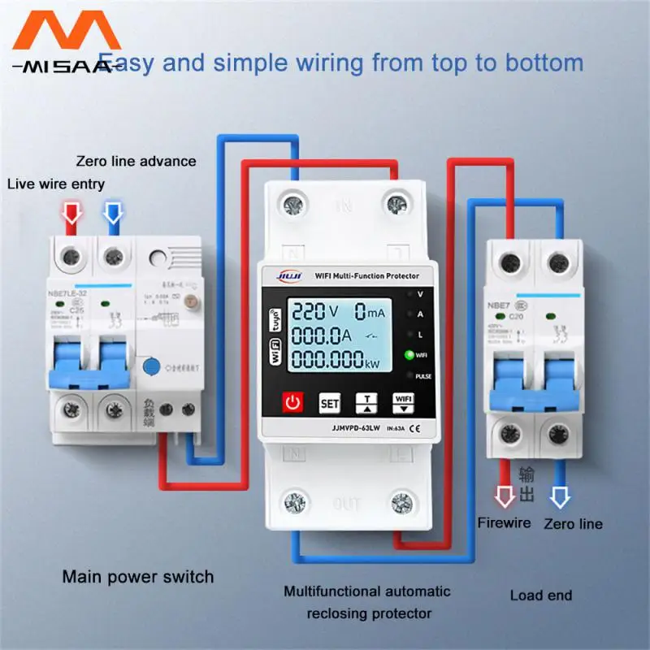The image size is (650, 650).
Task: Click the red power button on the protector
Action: (x=293, y=402)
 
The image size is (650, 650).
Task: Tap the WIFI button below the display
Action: (x=404, y=402)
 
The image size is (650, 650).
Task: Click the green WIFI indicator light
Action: (x=410, y=355)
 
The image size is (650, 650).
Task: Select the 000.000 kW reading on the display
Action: (x=337, y=363)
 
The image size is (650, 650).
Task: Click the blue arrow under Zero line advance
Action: (x=111, y=212)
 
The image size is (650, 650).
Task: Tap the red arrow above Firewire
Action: (x=505, y=495)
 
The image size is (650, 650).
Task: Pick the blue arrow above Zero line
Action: (x=560, y=495)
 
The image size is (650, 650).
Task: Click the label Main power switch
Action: (x=138, y=578)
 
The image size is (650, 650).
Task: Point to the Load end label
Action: (x=540, y=596)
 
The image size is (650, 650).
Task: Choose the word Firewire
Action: (x=504, y=522)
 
